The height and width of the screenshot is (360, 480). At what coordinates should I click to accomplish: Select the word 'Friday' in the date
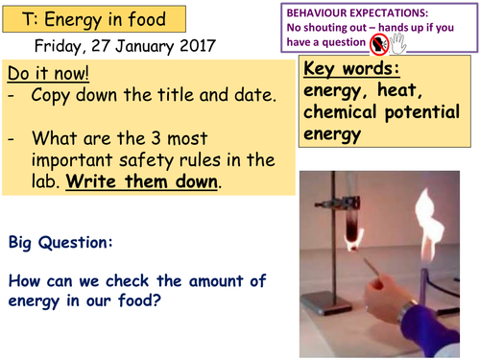[59, 45]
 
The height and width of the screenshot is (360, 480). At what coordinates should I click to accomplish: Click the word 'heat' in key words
[417, 93]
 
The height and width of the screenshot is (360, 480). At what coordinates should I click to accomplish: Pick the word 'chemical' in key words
[344, 114]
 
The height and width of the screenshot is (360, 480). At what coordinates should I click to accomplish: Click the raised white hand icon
[400, 44]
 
